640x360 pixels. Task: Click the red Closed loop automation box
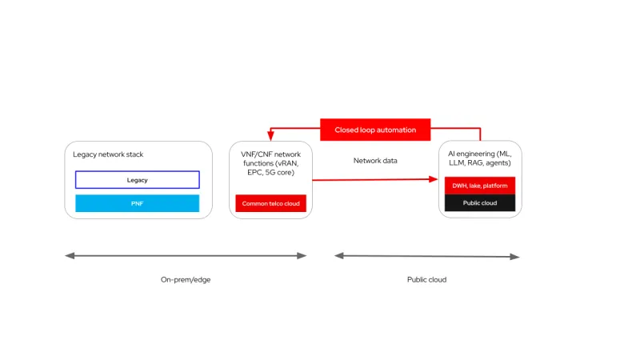point(375,130)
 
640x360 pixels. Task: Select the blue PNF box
point(137,204)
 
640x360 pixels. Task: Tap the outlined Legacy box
point(137,180)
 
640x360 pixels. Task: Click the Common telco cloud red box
point(271,204)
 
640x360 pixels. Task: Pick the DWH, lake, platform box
point(480,186)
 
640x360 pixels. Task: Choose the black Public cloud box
point(480,203)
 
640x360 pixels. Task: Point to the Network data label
point(375,161)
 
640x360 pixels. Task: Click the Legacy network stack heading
point(108,154)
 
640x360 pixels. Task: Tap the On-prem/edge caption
point(186,280)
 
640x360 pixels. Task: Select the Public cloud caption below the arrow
point(426,280)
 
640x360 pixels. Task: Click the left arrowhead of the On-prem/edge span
point(69,256)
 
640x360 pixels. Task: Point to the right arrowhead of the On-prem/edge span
point(302,256)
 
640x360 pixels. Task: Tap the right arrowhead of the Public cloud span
point(516,257)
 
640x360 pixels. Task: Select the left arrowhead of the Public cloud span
point(339,256)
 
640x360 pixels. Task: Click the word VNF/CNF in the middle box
point(246,153)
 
